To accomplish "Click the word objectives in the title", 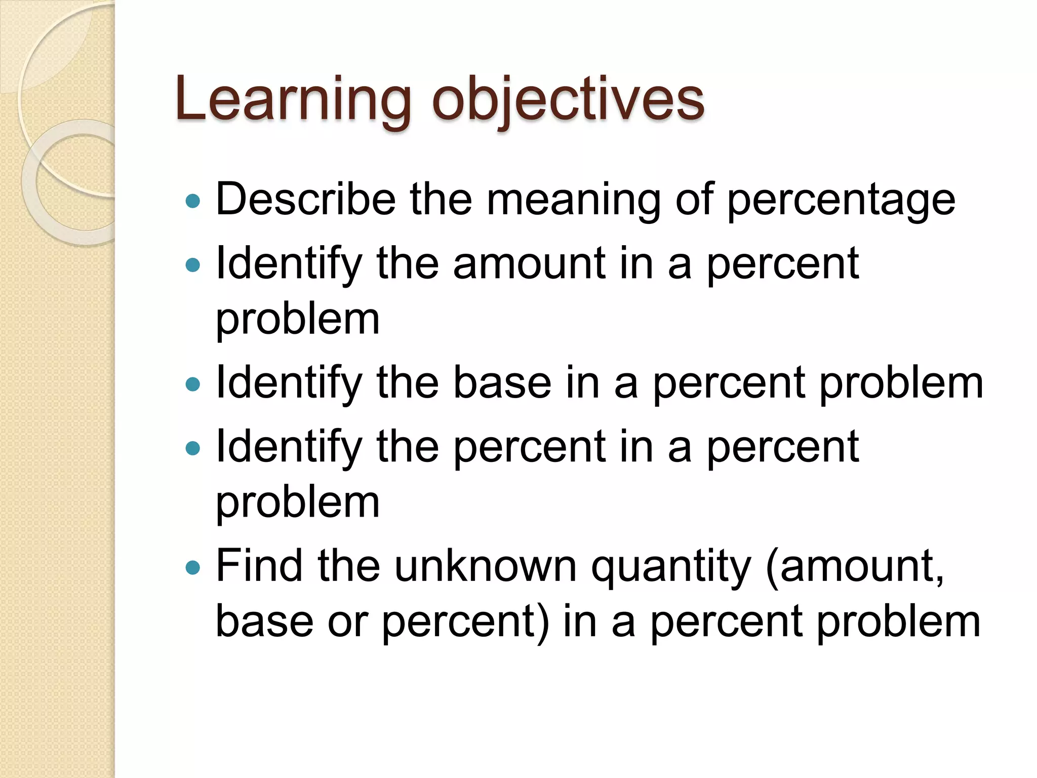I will [x=568, y=100].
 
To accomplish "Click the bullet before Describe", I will [x=193, y=202].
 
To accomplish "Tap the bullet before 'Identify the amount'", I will [x=193, y=264].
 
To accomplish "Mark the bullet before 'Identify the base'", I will [x=193, y=384].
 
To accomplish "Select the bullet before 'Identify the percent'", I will [x=193, y=448].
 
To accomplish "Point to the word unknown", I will [x=486, y=566].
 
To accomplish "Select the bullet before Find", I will [x=193, y=567].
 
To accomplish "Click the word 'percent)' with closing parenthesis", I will [x=465, y=623].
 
